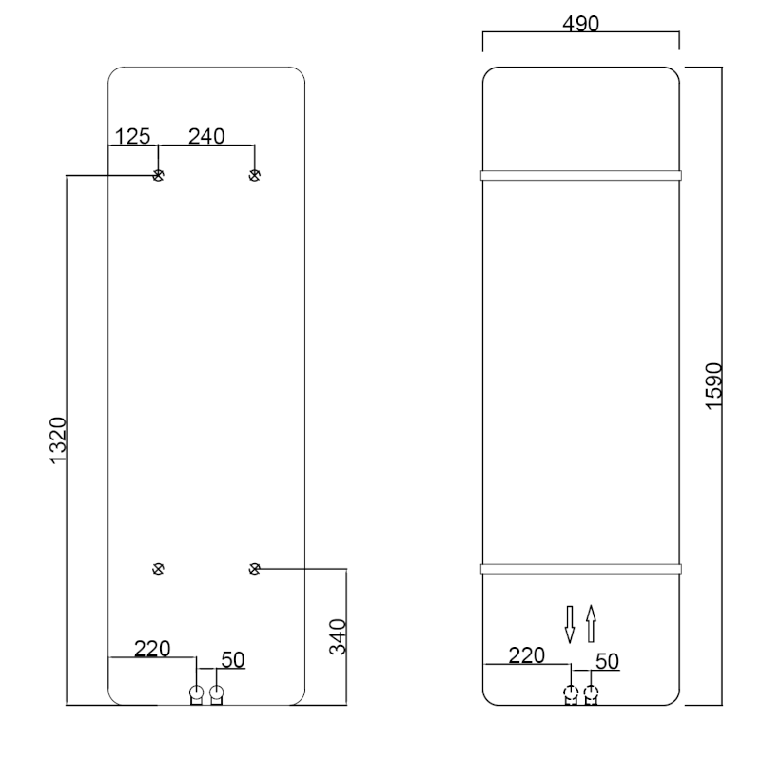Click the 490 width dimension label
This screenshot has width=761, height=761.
[580, 23]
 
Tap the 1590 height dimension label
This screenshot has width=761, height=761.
[714, 386]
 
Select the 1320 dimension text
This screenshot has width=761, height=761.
[58, 440]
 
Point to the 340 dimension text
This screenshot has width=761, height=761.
[338, 636]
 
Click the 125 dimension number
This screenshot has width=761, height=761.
[132, 136]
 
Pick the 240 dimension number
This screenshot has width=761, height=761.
[206, 136]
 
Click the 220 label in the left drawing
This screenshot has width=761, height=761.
[152, 649]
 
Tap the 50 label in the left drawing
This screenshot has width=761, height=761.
[233, 659]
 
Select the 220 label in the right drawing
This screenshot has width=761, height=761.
[527, 655]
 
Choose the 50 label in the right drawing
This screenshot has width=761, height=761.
[607, 661]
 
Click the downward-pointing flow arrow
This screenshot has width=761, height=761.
[570, 624]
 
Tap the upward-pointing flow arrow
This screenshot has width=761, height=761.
[591, 624]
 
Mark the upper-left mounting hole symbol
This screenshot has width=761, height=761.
[158, 175]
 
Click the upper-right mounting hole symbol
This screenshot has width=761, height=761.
[254, 175]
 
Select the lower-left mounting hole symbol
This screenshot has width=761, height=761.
[158, 568]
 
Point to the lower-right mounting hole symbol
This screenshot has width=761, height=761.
[254, 568]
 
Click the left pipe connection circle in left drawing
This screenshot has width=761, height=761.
[196, 692]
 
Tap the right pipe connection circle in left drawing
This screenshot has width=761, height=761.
[217, 692]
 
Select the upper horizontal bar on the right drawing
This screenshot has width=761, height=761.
[581, 175]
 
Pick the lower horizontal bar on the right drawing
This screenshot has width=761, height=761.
[581, 569]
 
